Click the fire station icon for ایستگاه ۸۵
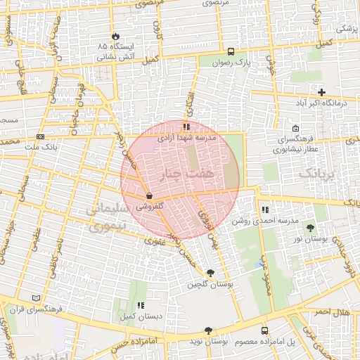click(115, 35)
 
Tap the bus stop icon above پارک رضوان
click(231, 51)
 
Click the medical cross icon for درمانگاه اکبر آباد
click(322, 92)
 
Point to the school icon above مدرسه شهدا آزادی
click(186, 127)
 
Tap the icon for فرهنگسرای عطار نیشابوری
click(295, 129)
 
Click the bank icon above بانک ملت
click(41, 136)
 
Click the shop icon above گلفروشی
click(148, 196)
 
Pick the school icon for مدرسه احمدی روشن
click(265, 210)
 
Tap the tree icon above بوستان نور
click(311, 229)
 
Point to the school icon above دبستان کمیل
click(141, 306)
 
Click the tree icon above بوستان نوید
click(208, 330)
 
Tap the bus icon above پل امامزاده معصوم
click(264, 330)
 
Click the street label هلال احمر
click(331, 311)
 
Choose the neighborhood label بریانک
click(314, 172)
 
